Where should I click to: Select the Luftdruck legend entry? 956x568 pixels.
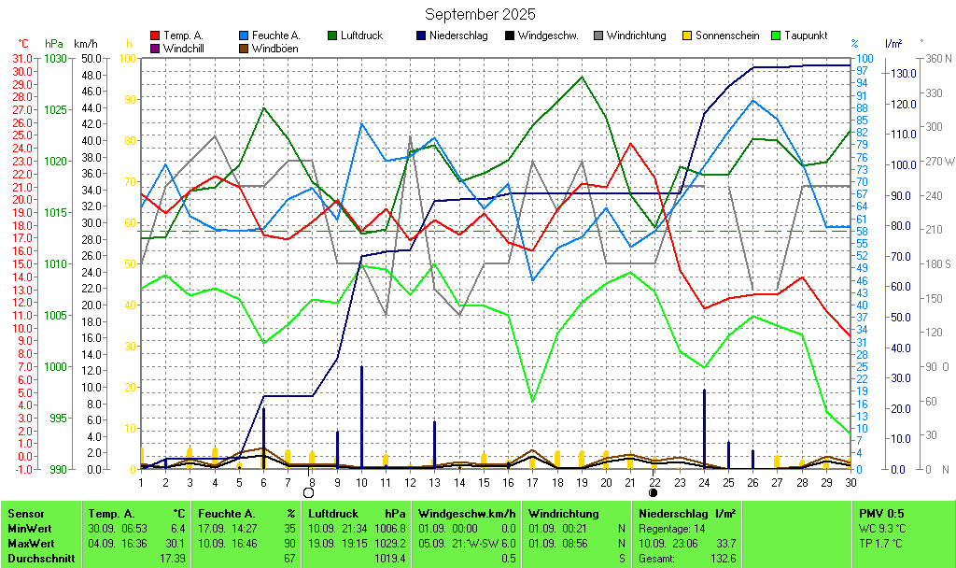(361, 35)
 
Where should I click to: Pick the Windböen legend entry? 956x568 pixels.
(274, 48)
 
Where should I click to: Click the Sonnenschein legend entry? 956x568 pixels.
(727, 35)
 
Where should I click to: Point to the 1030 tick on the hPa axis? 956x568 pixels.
(56, 58)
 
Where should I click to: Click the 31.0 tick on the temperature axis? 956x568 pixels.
(21, 58)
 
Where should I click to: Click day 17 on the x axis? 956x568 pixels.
(532, 482)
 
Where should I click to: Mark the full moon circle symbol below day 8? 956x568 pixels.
(308, 492)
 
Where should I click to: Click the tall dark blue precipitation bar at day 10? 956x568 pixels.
(362, 416)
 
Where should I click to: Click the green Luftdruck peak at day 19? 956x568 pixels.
(582, 77)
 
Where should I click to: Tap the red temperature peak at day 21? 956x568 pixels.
(631, 144)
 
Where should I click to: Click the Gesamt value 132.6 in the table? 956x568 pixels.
(723, 558)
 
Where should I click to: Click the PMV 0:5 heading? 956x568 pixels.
(881, 513)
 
